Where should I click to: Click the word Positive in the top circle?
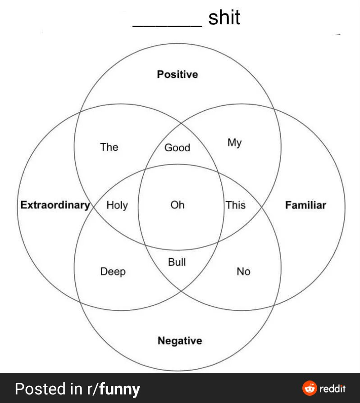177,74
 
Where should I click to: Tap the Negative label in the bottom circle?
180,341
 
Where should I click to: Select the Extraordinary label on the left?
55,205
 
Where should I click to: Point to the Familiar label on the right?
305,205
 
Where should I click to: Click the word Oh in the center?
177,205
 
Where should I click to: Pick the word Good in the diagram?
177,148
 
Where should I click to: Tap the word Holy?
117,205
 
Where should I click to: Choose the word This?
236,205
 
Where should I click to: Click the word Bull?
177,262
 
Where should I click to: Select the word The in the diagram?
109,147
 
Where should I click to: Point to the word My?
234,143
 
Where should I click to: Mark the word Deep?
113,272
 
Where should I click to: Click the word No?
243,271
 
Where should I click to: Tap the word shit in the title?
224,18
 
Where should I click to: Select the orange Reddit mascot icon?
310,388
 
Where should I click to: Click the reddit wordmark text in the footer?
333,389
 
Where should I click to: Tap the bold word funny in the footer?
119,389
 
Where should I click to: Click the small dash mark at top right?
337,34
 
